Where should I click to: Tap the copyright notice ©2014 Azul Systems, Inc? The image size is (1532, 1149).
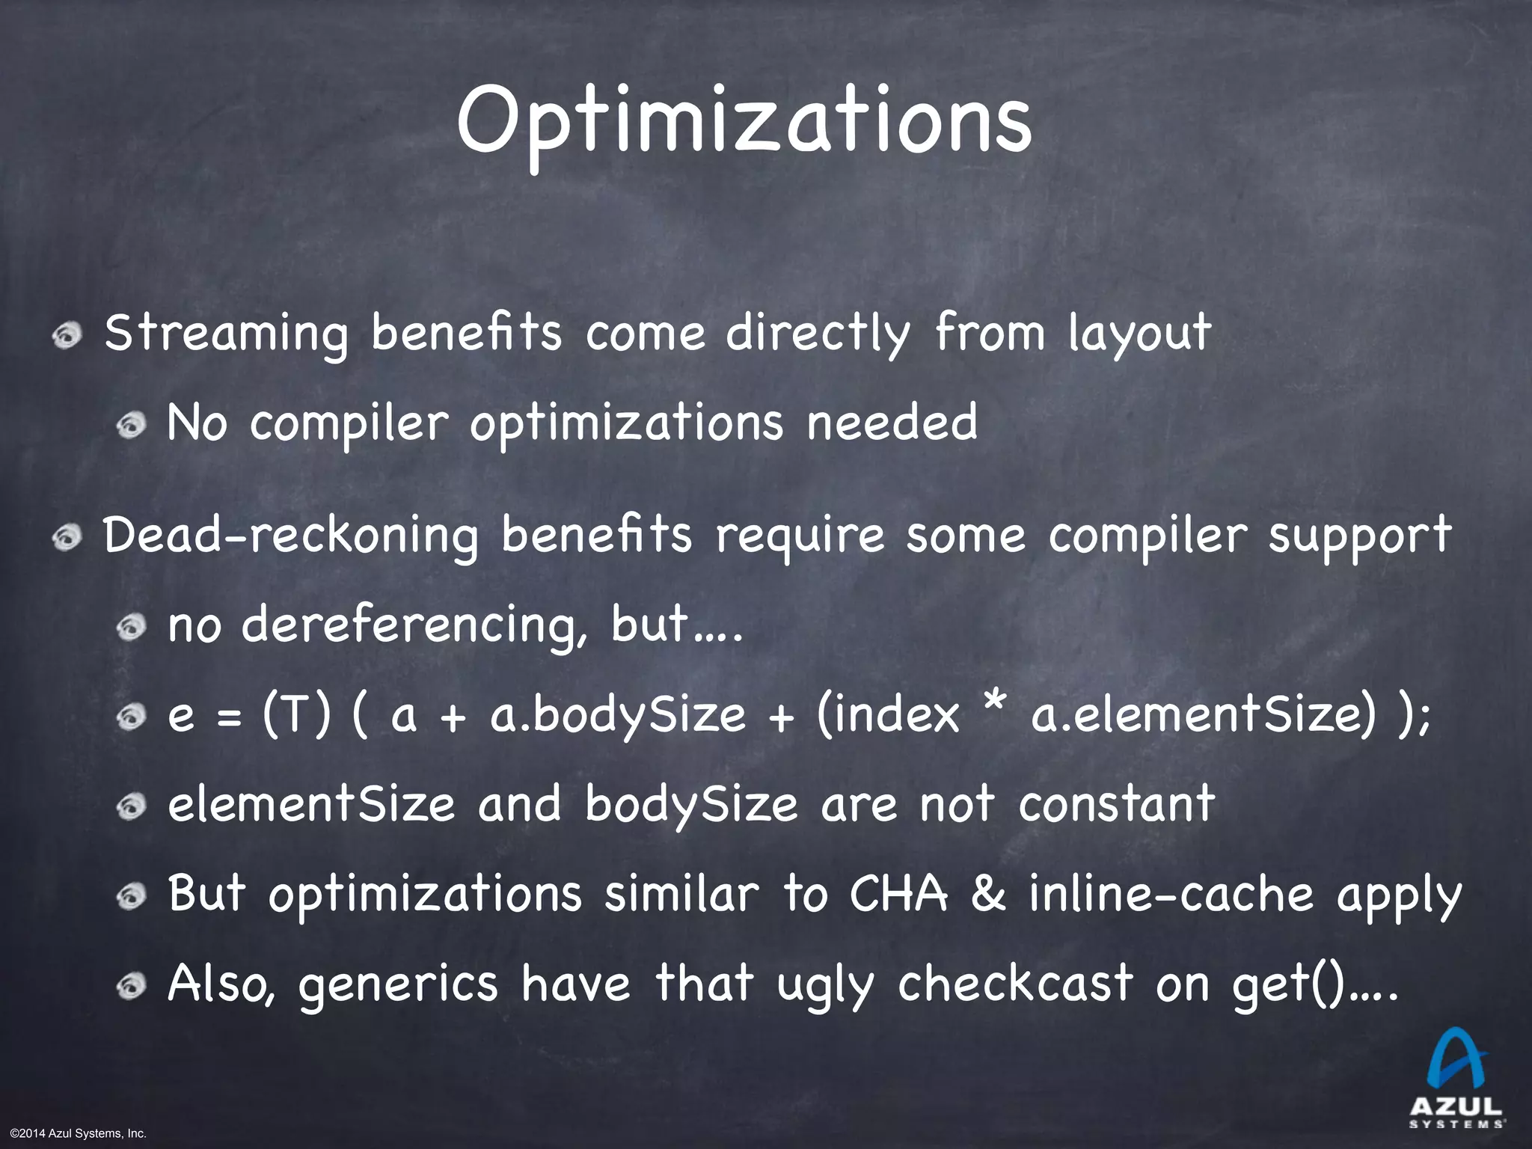[74, 1134]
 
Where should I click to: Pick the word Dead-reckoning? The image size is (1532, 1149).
[290, 536]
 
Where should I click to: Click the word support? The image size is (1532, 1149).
[1359, 537]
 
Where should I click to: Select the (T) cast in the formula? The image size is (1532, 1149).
[295, 714]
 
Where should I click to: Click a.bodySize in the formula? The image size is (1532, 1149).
[618, 715]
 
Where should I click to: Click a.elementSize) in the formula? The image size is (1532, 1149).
[1203, 714]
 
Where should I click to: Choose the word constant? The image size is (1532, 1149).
[1116, 804]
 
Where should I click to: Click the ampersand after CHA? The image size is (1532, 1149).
[987, 894]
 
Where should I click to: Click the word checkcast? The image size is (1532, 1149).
[1015, 983]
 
